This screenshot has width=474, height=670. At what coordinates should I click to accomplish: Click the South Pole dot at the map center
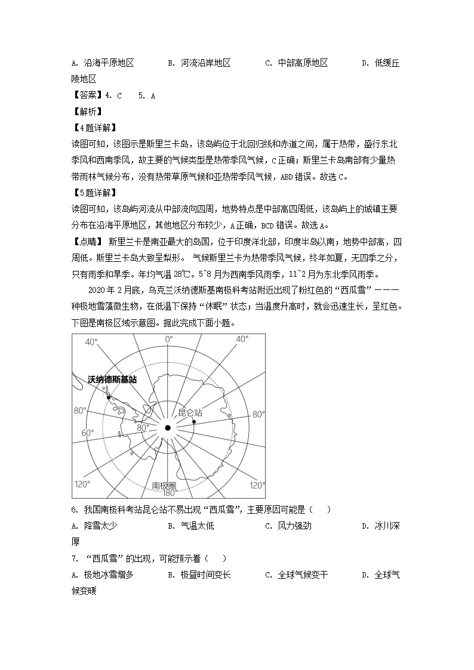point(168,428)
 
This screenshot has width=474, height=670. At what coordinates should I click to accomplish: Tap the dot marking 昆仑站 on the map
point(194,422)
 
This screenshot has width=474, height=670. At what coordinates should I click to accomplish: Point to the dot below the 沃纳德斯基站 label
point(108,397)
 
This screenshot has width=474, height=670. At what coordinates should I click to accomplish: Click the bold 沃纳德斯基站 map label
point(112,379)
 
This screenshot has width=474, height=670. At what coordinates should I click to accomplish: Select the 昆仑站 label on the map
point(190,412)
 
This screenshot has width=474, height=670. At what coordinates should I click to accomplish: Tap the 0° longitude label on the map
point(169,339)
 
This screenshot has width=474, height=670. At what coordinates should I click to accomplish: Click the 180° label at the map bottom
point(168,493)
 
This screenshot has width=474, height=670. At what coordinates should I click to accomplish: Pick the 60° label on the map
point(87,433)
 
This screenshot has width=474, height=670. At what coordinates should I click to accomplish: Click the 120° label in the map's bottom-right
point(257,485)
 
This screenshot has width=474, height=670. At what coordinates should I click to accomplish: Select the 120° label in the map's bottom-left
point(81,484)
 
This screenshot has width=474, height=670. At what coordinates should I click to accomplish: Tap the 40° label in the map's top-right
point(242,339)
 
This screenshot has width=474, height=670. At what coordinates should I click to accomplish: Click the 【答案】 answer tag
point(86,95)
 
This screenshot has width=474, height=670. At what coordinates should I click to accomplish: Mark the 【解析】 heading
point(86,112)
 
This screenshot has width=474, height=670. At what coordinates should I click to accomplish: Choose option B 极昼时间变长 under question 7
point(199,575)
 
